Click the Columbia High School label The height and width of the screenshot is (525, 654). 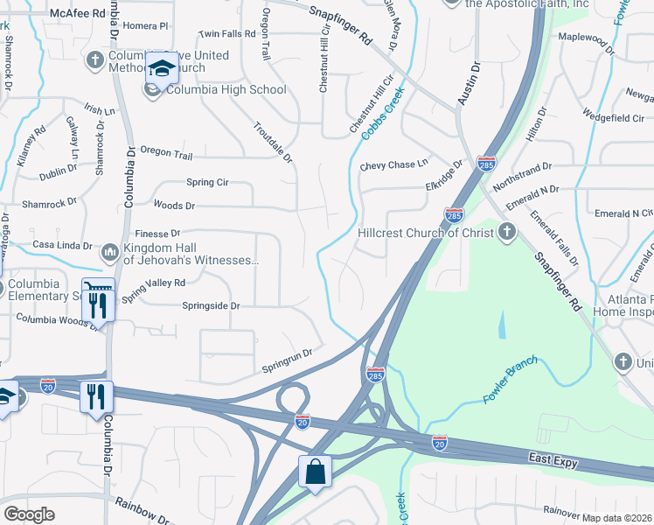point(226,89)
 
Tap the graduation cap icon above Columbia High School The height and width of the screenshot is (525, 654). point(161,67)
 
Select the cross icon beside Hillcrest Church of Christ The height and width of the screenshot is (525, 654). point(506,233)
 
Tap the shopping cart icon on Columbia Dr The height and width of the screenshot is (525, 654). point(97,287)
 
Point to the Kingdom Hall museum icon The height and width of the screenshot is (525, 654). point(110,253)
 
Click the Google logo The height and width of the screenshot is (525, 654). point(29,514)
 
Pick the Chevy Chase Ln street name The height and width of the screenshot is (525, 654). point(394,164)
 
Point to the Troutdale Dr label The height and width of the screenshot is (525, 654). point(272,142)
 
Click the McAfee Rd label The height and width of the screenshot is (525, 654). point(77,14)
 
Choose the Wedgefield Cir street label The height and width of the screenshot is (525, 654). point(613,118)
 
